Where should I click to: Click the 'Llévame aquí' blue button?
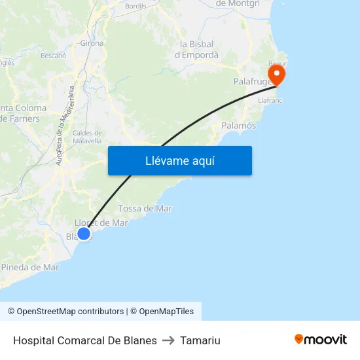[180, 160]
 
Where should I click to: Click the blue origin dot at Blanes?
[83, 234]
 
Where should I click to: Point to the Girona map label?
[92, 43]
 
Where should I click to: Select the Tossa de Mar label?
[145, 208]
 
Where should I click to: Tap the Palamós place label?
[238, 125]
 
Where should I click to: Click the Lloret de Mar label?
[101, 223]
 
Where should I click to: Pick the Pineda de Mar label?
[30, 267]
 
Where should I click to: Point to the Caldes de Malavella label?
[87, 137]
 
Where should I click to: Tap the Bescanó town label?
[54, 56]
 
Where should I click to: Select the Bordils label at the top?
[135, 6]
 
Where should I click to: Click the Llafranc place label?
[270, 101]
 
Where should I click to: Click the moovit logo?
[320, 340]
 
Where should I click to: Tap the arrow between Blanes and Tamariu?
[168, 340]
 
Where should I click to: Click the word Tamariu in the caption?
[200, 340]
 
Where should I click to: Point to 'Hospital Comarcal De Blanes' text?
[84, 340]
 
